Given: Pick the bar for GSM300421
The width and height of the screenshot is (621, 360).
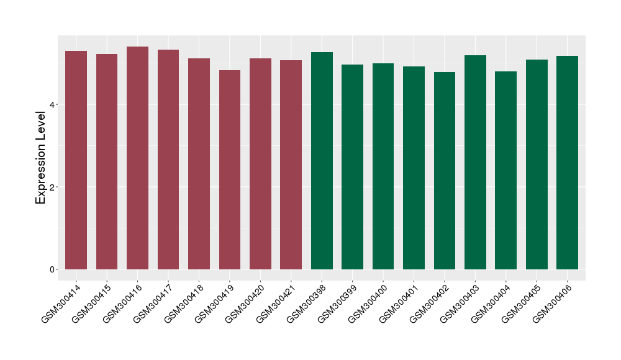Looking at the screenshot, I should tap(291, 164).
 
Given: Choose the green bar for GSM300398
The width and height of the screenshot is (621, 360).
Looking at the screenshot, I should tap(322, 161).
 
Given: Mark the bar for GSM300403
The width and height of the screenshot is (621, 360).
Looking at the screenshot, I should tap(475, 162).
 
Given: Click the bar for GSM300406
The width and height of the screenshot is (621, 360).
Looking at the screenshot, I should tap(567, 163).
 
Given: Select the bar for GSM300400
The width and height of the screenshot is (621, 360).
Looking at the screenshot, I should tap(383, 166).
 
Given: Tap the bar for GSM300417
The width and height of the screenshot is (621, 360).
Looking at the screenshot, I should tap(168, 160).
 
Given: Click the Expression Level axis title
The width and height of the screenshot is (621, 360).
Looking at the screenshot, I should tap(41, 158).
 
